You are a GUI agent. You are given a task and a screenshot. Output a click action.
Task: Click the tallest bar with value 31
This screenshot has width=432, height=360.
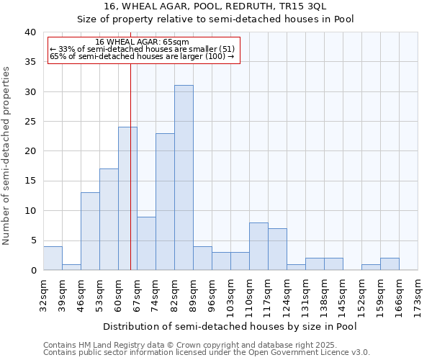(184, 178)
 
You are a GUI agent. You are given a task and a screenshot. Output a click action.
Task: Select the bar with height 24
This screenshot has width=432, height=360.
(127, 199)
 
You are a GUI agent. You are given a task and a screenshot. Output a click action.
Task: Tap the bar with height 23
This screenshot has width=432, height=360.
(165, 202)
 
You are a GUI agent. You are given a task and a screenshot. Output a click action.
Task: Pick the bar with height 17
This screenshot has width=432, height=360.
(109, 220)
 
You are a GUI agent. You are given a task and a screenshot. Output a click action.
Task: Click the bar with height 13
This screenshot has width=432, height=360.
(90, 231)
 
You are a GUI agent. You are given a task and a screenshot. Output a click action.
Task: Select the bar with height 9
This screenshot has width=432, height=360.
(146, 243)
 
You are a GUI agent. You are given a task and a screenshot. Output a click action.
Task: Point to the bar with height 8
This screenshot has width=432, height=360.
(258, 246)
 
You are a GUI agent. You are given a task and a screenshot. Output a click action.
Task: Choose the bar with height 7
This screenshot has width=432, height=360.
(277, 249)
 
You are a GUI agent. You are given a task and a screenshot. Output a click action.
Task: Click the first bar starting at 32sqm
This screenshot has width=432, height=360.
(53, 258)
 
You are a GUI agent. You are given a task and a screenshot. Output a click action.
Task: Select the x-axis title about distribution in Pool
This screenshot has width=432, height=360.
(230, 326)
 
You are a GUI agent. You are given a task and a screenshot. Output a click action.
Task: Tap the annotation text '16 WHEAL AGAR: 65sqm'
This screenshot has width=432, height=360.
(142, 42)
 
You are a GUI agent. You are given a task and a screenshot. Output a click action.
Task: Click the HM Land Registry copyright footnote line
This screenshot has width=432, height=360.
(200, 345)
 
